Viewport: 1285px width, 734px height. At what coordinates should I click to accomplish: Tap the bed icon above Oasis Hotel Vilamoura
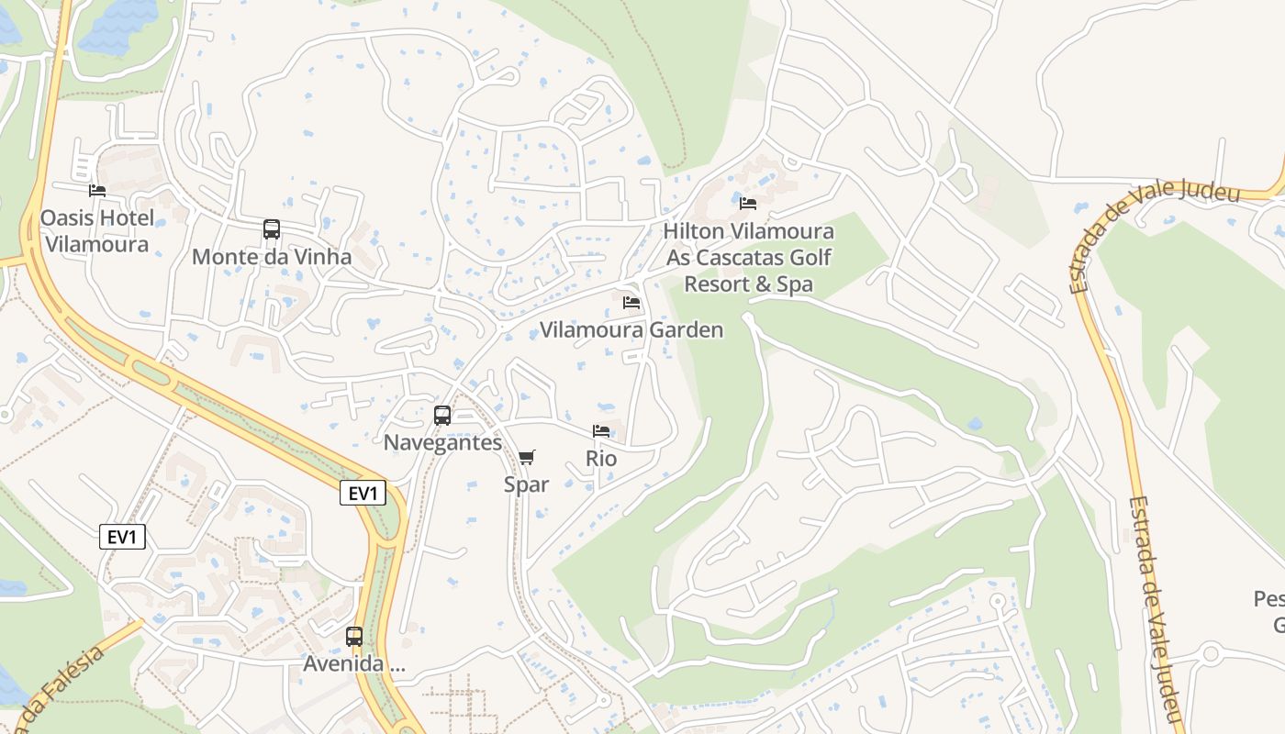(97, 191)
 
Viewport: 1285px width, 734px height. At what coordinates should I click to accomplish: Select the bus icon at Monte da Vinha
(272, 229)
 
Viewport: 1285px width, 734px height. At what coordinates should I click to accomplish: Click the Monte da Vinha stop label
(272, 257)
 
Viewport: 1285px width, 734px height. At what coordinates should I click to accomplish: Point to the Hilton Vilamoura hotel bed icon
(748, 203)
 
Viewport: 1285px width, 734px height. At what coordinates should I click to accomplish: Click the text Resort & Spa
(749, 284)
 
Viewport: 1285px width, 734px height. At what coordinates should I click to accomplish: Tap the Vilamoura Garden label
(631, 330)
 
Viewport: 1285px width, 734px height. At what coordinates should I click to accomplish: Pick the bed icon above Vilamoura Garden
(631, 302)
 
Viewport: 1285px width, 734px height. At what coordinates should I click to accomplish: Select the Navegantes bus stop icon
(442, 415)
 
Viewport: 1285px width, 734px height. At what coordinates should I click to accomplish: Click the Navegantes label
(442, 442)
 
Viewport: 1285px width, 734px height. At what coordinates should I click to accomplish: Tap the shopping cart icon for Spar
(526, 457)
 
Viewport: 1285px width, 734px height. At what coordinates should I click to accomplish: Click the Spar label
(526, 484)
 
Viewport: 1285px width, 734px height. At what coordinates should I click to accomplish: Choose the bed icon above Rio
(601, 430)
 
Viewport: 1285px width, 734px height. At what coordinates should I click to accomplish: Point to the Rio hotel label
(601, 458)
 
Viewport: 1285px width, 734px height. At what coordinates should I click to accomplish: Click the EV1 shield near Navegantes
(363, 494)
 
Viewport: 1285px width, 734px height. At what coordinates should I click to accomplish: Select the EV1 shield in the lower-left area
(122, 538)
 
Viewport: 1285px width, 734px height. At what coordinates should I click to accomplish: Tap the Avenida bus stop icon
(354, 636)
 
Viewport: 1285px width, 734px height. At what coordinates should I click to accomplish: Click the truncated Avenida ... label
(354, 663)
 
